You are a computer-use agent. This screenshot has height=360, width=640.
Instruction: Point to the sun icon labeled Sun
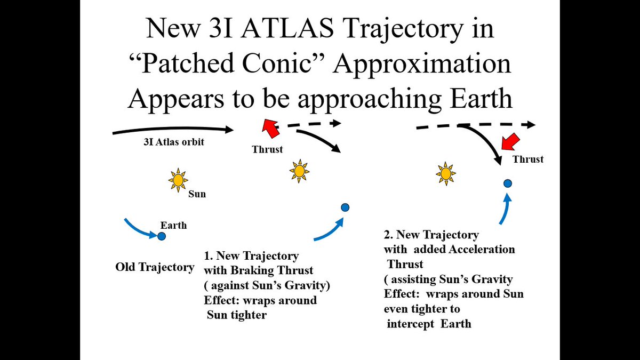178,180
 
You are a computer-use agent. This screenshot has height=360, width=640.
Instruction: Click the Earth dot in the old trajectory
162,236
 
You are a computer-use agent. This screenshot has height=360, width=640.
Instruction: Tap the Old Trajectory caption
155,267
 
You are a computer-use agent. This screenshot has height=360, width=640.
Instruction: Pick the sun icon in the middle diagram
299,171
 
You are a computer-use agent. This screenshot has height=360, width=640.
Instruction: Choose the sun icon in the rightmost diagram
445,173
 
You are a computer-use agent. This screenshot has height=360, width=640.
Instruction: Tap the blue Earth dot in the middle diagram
345,207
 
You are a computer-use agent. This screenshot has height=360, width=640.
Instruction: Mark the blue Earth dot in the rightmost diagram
508,183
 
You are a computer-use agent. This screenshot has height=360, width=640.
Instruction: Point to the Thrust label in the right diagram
527,159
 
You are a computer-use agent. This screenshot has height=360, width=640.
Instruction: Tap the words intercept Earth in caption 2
429,324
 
